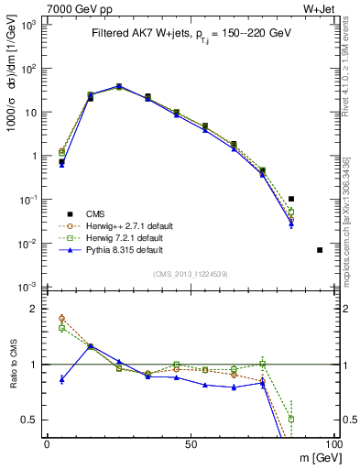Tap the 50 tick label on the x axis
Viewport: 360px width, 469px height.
[190, 444]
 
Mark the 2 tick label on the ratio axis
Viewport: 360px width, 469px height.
[37, 309]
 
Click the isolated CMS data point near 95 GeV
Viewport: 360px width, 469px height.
[320, 250]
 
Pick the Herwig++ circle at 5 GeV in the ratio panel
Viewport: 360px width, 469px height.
[61, 318]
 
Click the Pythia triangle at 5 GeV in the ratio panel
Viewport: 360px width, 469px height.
[61, 378]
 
